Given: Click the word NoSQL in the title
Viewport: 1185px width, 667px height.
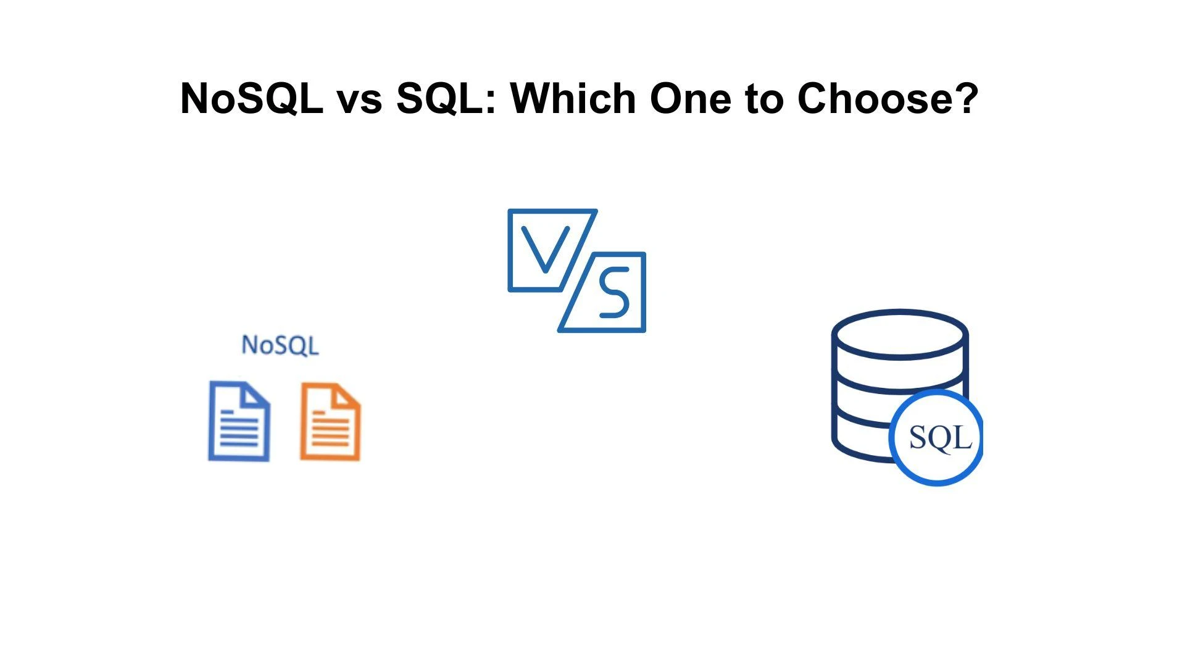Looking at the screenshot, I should (251, 98).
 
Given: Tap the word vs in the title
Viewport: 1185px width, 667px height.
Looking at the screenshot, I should (359, 99).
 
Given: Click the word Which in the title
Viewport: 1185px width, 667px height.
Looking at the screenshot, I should (573, 98).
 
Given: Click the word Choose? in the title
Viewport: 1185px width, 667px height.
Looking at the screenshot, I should (887, 98).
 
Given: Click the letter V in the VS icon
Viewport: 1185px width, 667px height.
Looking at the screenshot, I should (546, 250).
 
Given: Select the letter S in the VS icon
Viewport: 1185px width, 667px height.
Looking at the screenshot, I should (613, 293).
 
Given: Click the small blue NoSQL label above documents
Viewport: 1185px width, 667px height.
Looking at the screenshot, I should (280, 345).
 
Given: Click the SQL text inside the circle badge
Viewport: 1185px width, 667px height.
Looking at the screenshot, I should (940, 438).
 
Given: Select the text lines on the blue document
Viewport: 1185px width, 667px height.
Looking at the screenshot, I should (238, 430).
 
